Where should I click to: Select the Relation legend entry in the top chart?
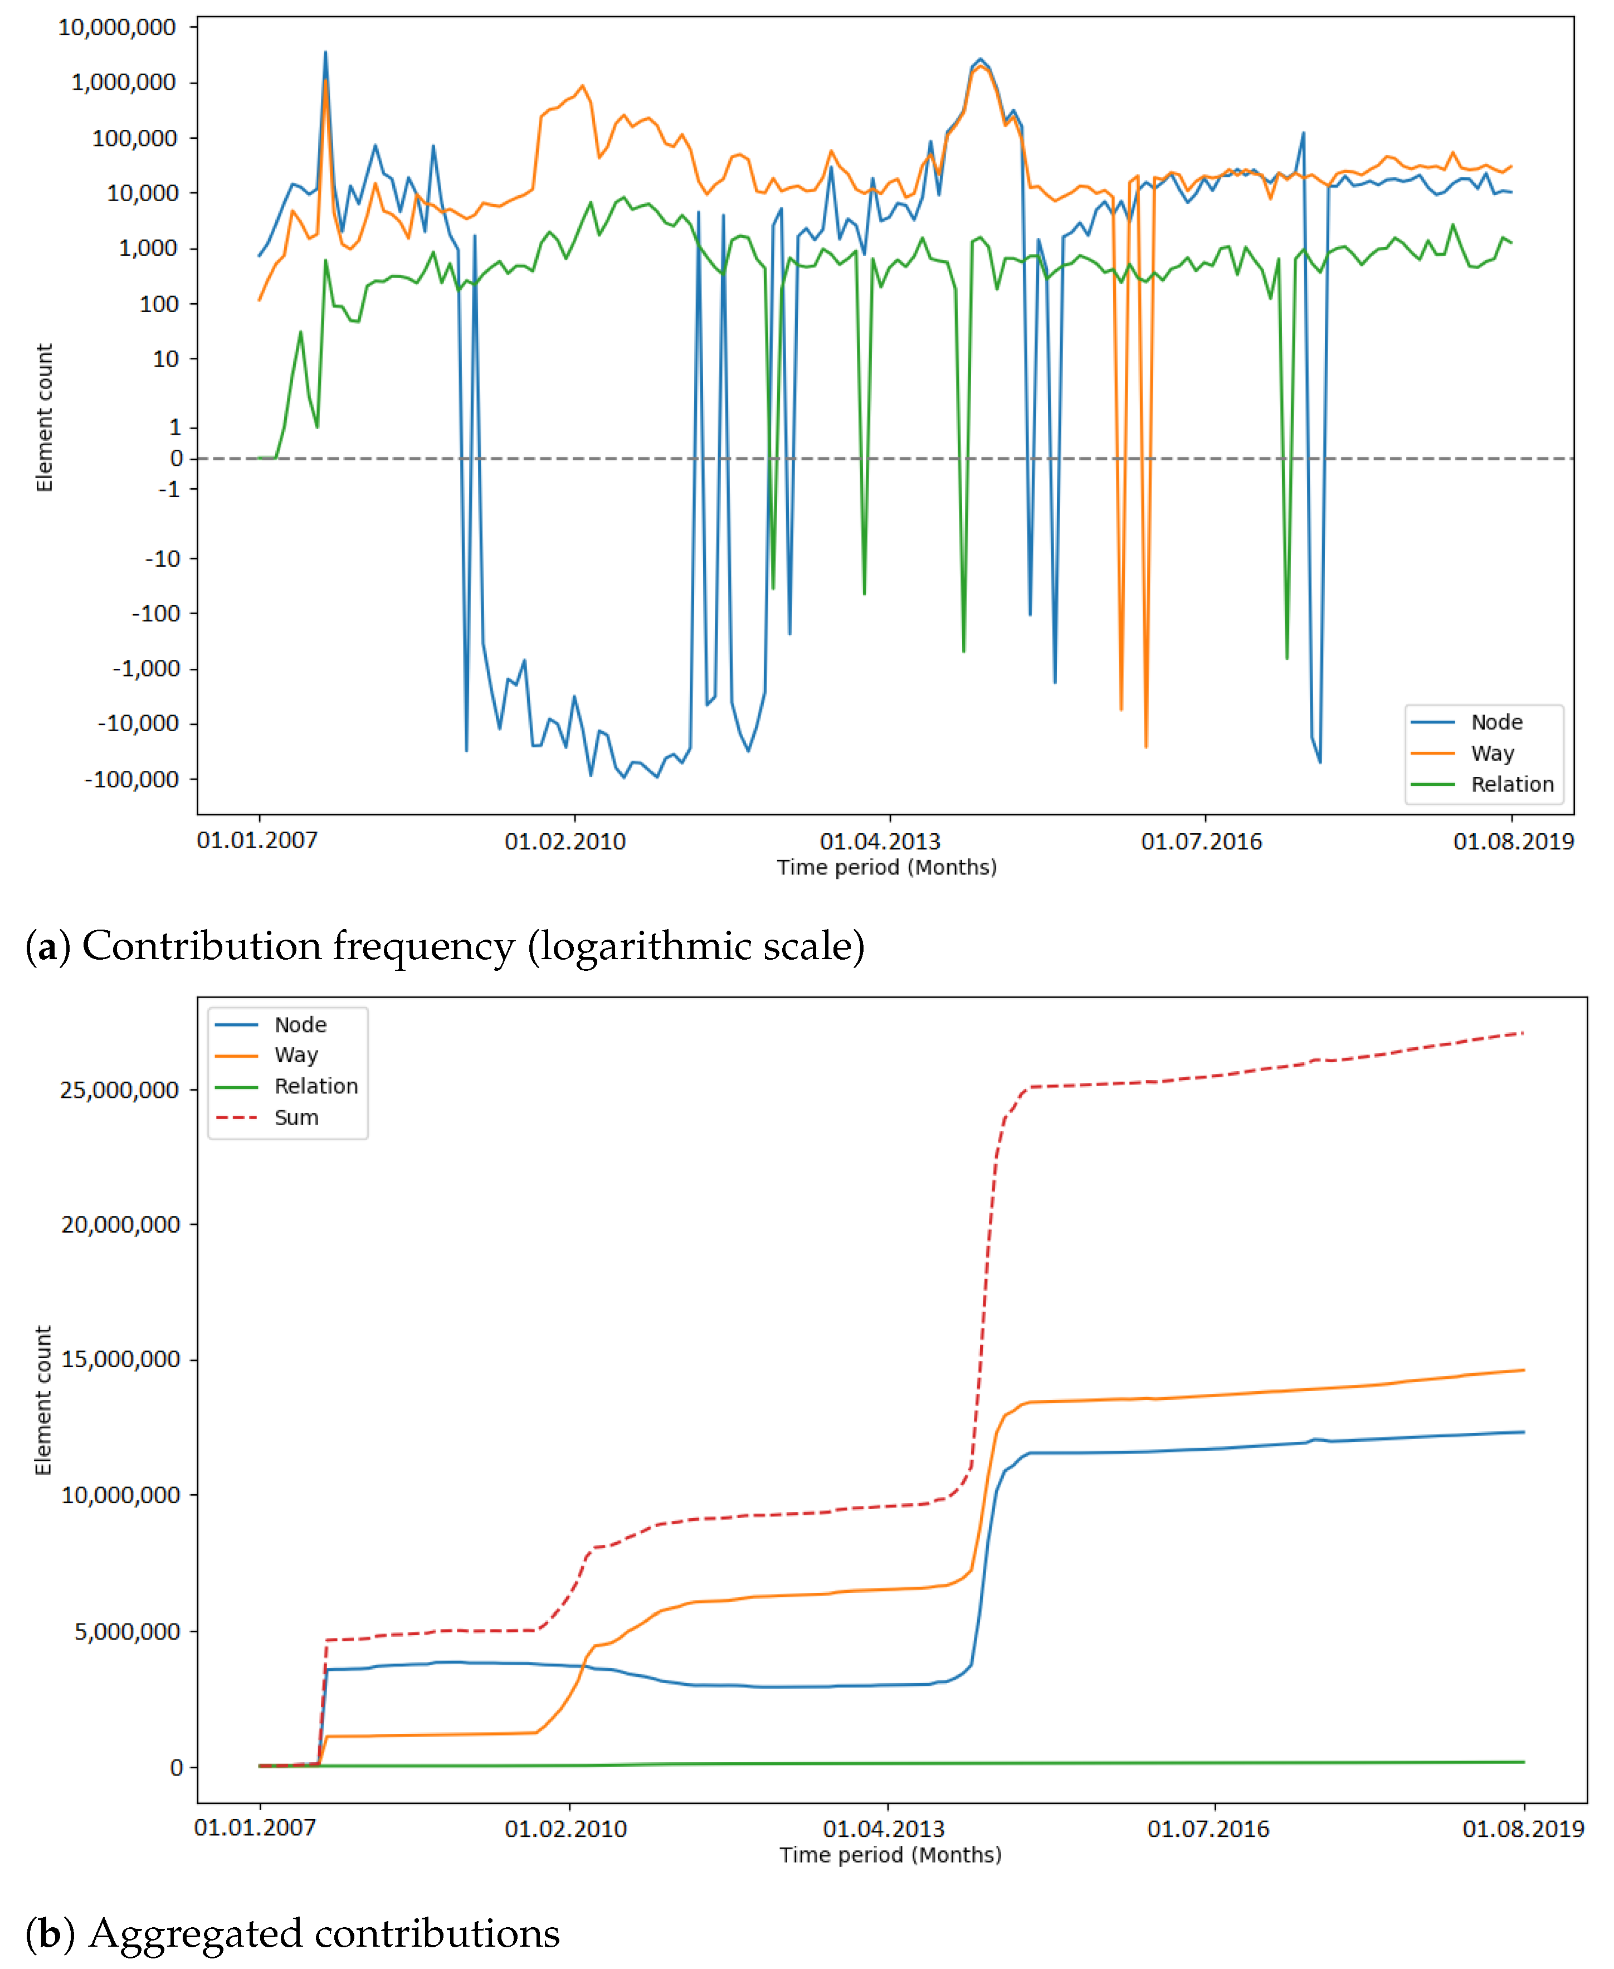(1511, 784)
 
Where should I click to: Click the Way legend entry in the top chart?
(1491, 753)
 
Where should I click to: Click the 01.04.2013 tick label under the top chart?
(880, 842)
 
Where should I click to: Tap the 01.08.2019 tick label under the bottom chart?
(1522, 1830)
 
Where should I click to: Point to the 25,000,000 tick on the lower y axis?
(119, 1090)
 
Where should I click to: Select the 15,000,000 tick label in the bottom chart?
(120, 1360)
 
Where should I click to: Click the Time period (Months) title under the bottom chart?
(890, 1855)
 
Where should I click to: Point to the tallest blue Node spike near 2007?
(325, 54)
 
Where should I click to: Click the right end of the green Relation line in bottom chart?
(1523, 1762)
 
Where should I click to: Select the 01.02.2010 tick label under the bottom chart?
(565, 1830)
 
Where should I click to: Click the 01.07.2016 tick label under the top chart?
(1201, 842)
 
